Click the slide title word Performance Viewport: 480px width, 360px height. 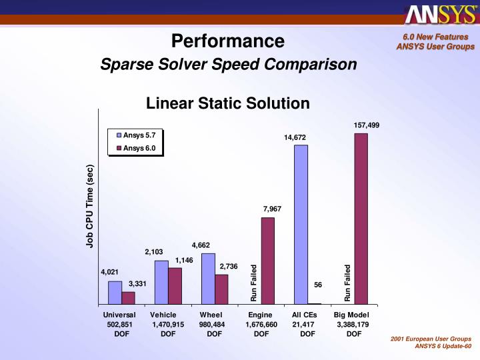coord(228,41)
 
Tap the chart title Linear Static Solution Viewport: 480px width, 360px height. coord(228,103)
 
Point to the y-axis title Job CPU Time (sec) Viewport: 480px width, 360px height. coord(90,207)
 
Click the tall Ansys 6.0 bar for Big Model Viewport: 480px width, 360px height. coord(361,218)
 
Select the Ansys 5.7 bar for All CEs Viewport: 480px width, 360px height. coord(301,224)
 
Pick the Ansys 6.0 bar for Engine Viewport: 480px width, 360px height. coord(267,260)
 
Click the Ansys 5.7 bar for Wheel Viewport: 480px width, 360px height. coord(208,278)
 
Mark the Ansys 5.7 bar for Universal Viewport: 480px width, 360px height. coord(115,292)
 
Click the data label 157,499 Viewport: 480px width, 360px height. coord(367,125)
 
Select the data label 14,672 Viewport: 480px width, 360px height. coord(295,137)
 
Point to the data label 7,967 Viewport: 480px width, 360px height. coord(272,209)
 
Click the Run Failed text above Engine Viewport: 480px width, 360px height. coord(254,283)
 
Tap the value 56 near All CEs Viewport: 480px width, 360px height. coord(318,285)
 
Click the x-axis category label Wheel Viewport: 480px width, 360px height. coord(211,315)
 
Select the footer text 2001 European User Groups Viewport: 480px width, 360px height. coord(432,339)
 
